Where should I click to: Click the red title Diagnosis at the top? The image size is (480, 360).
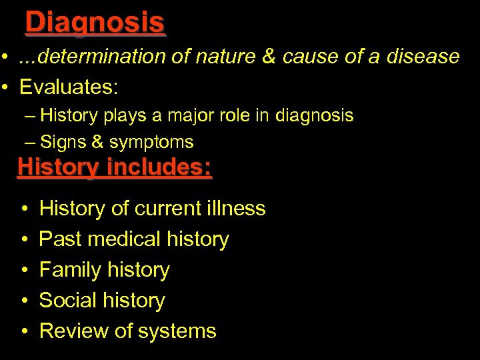95,22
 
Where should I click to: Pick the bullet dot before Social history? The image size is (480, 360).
24,301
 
